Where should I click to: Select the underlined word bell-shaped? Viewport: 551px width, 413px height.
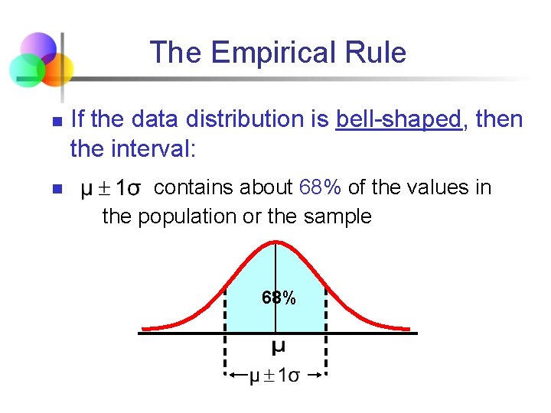[399, 120]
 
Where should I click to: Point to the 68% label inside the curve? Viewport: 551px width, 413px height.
[279, 298]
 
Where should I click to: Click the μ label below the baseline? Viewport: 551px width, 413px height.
[279, 347]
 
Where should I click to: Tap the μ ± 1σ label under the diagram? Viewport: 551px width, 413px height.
[275, 376]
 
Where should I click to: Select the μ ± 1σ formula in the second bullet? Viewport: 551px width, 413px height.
[111, 189]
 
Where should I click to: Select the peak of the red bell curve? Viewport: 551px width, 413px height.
[276, 242]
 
